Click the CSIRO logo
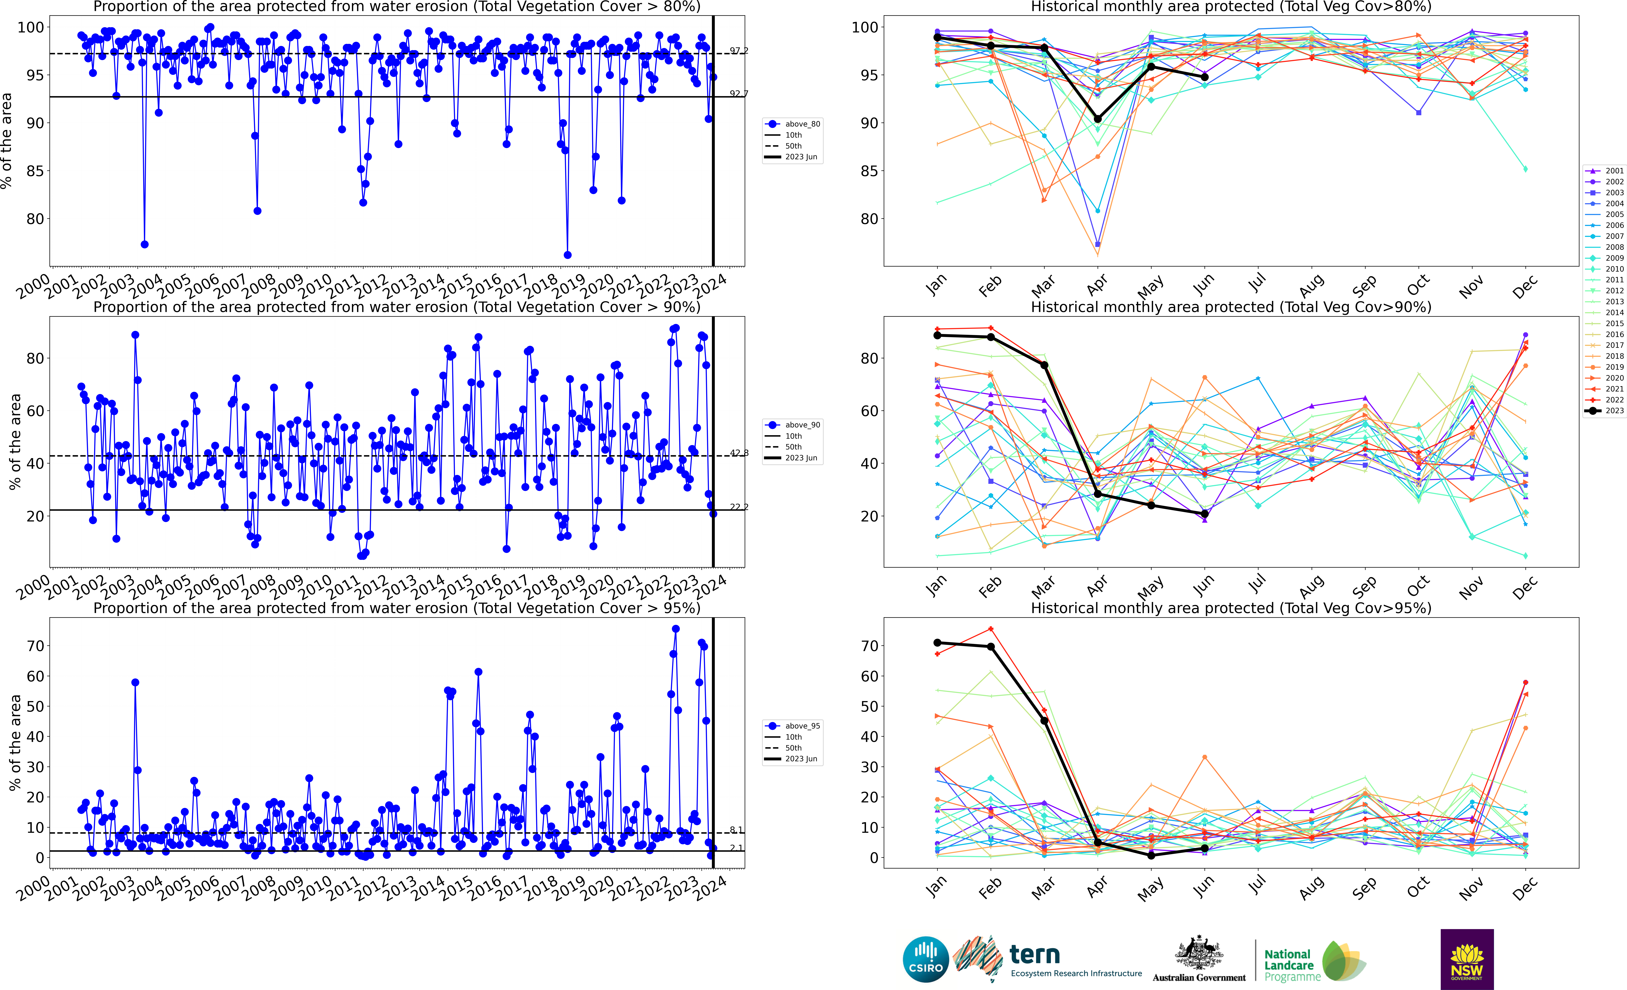click(x=926, y=959)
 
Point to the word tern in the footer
click(x=1035, y=954)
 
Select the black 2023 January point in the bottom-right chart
click(x=937, y=643)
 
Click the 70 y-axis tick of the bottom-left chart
click(x=36, y=646)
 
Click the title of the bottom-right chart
click(x=1231, y=608)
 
